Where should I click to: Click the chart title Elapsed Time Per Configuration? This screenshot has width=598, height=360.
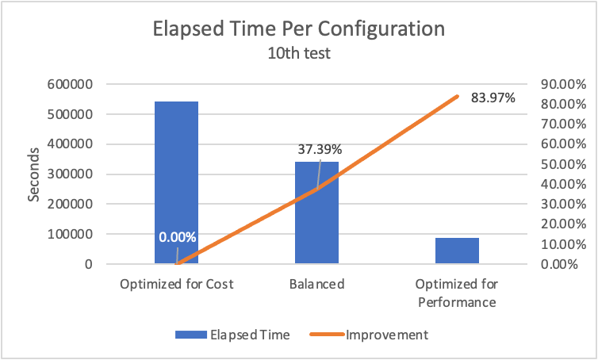click(299, 31)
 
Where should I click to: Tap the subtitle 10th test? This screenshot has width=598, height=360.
click(299, 55)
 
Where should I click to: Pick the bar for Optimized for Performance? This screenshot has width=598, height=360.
click(457, 251)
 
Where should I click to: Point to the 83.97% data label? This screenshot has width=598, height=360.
click(493, 98)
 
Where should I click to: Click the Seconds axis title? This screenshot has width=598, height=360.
click(34, 174)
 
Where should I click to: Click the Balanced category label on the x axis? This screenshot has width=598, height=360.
click(316, 284)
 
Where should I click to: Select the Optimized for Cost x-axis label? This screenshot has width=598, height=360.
click(176, 284)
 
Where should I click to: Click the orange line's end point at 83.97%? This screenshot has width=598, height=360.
click(457, 97)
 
